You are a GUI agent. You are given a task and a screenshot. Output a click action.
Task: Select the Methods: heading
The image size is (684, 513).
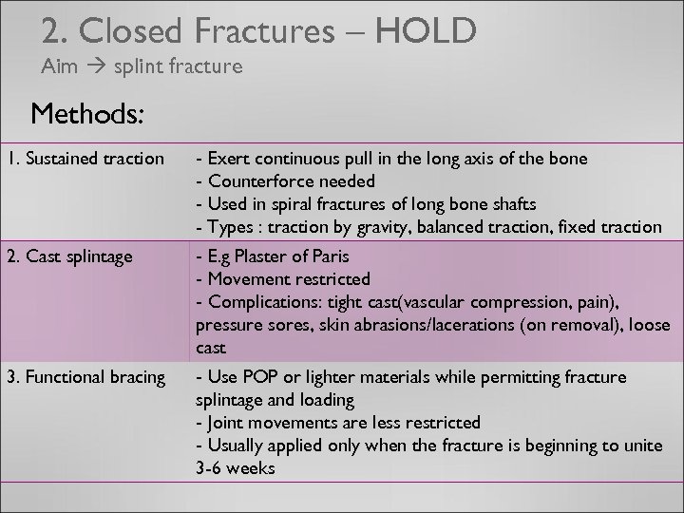(x=87, y=115)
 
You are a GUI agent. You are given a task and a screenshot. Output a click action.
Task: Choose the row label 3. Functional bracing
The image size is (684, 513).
(x=85, y=377)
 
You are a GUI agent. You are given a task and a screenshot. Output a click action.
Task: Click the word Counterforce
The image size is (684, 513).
(x=254, y=180)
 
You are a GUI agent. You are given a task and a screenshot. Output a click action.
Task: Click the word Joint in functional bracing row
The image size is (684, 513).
(x=223, y=422)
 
